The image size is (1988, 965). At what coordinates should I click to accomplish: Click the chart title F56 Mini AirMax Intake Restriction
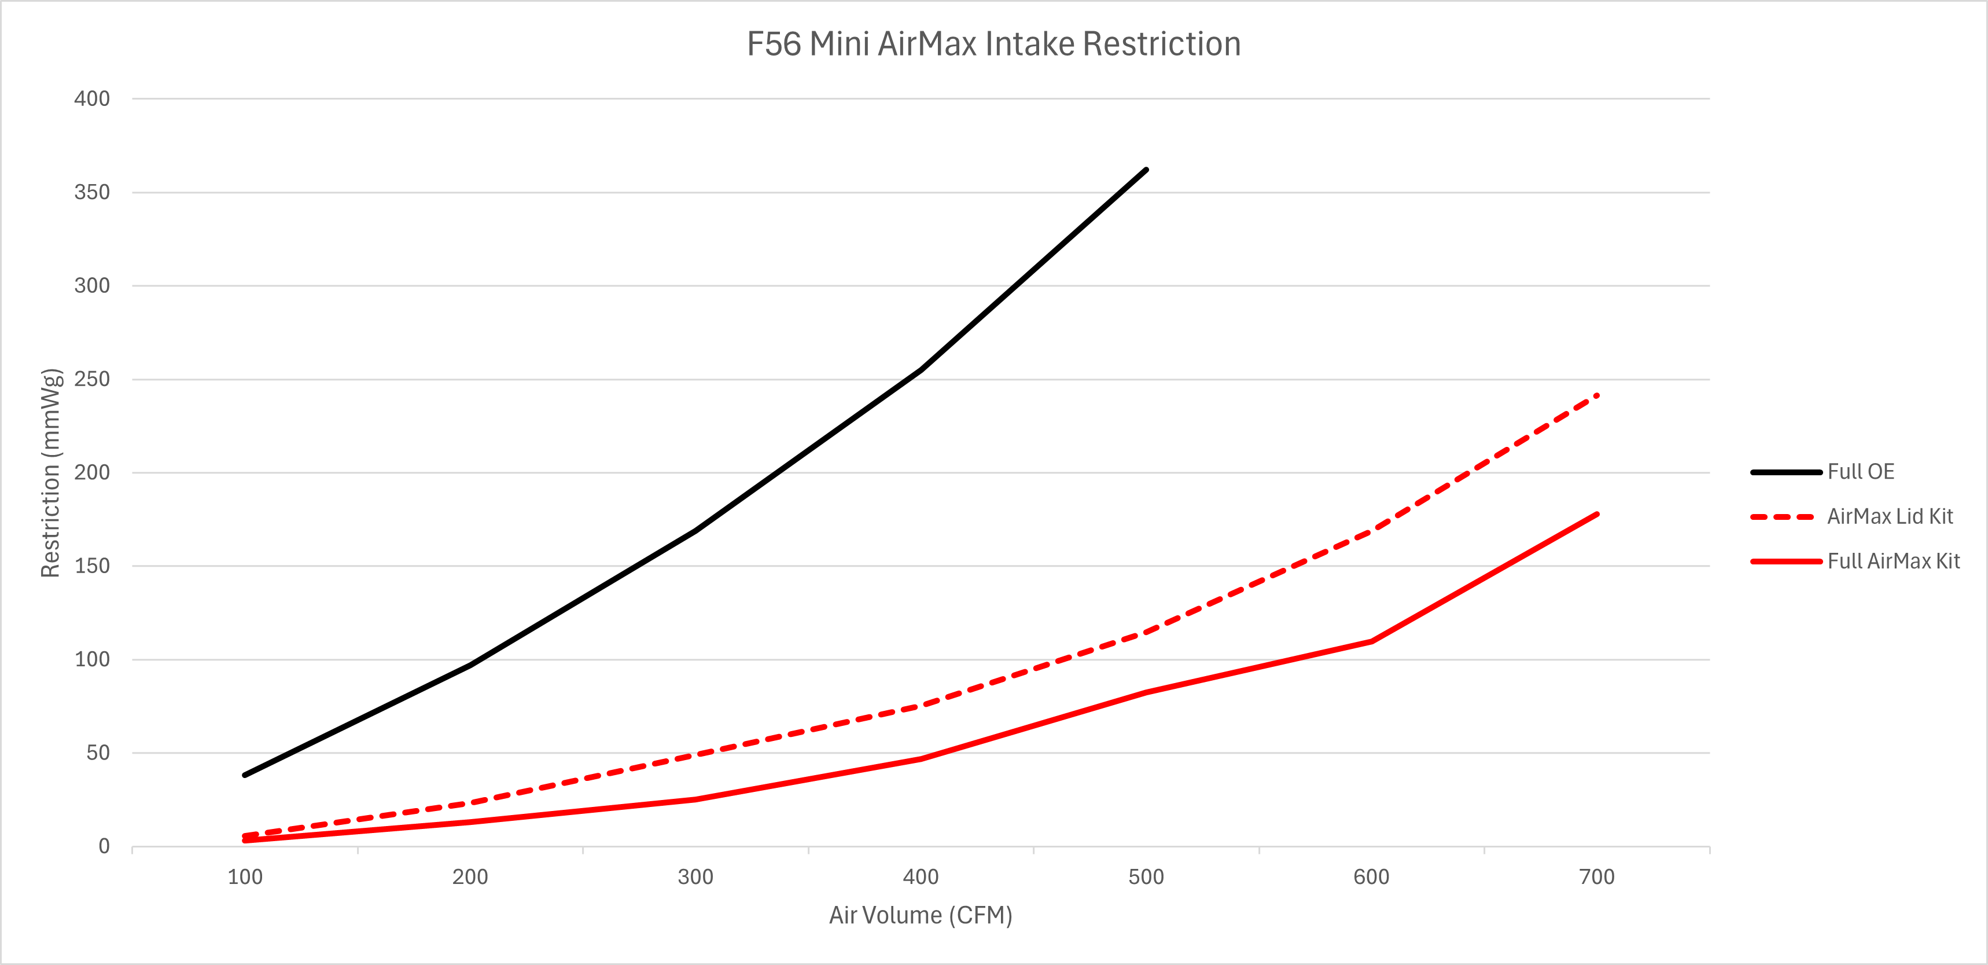tap(993, 44)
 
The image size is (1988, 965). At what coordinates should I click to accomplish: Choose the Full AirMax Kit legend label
tap(1893, 562)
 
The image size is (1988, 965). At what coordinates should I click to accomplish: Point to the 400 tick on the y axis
tap(92, 99)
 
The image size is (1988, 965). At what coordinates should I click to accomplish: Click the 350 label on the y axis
tap(92, 192)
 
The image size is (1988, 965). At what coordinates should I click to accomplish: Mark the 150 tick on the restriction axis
tap(92, 566)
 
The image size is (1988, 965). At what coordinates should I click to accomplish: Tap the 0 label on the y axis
tap(104, 847)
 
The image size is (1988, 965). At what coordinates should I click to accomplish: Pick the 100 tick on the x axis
tap(245, 877)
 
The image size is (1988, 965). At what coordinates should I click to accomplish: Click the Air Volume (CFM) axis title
tap(921, 916)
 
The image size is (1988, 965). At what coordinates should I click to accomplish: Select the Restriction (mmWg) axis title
tap(51, 472)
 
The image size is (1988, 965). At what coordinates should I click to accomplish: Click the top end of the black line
tap(1146, 170)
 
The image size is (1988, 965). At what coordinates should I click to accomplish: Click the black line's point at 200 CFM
tap(470, 665)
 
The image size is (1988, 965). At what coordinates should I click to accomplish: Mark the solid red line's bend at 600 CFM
tap(1371, 641)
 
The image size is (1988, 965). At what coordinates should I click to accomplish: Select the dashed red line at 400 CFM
tap(921, 706)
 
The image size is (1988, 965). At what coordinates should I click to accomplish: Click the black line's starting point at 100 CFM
tap(245, 775)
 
